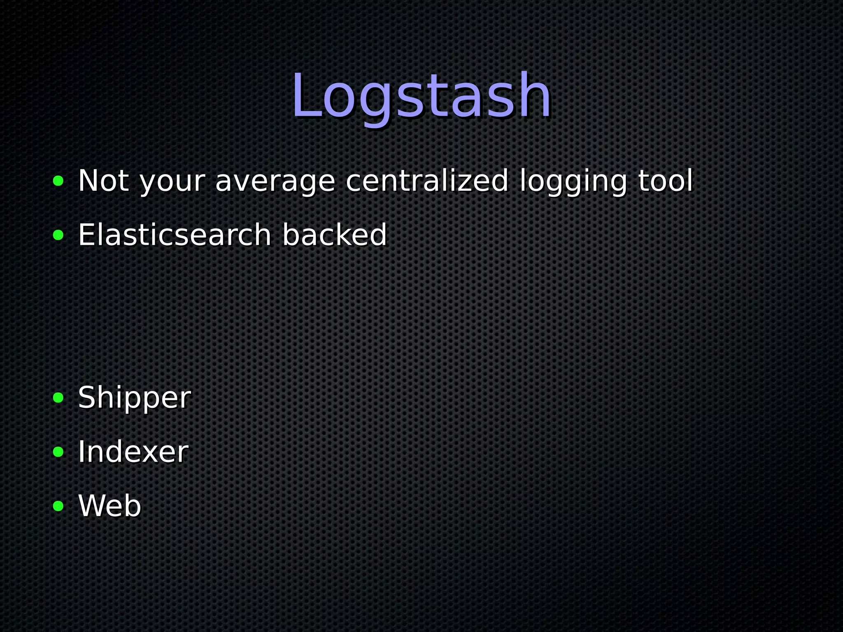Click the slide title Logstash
[421, 96]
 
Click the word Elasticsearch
[175, 235]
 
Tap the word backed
[334, 235]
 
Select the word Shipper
[134, 398]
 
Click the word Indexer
[133, 452]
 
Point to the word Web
[109, 506]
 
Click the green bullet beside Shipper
[58, 398]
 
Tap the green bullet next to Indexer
[58, 452]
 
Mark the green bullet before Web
[58, 506]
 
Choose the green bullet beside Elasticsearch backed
[58, 235]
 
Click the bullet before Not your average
[58, 181]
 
